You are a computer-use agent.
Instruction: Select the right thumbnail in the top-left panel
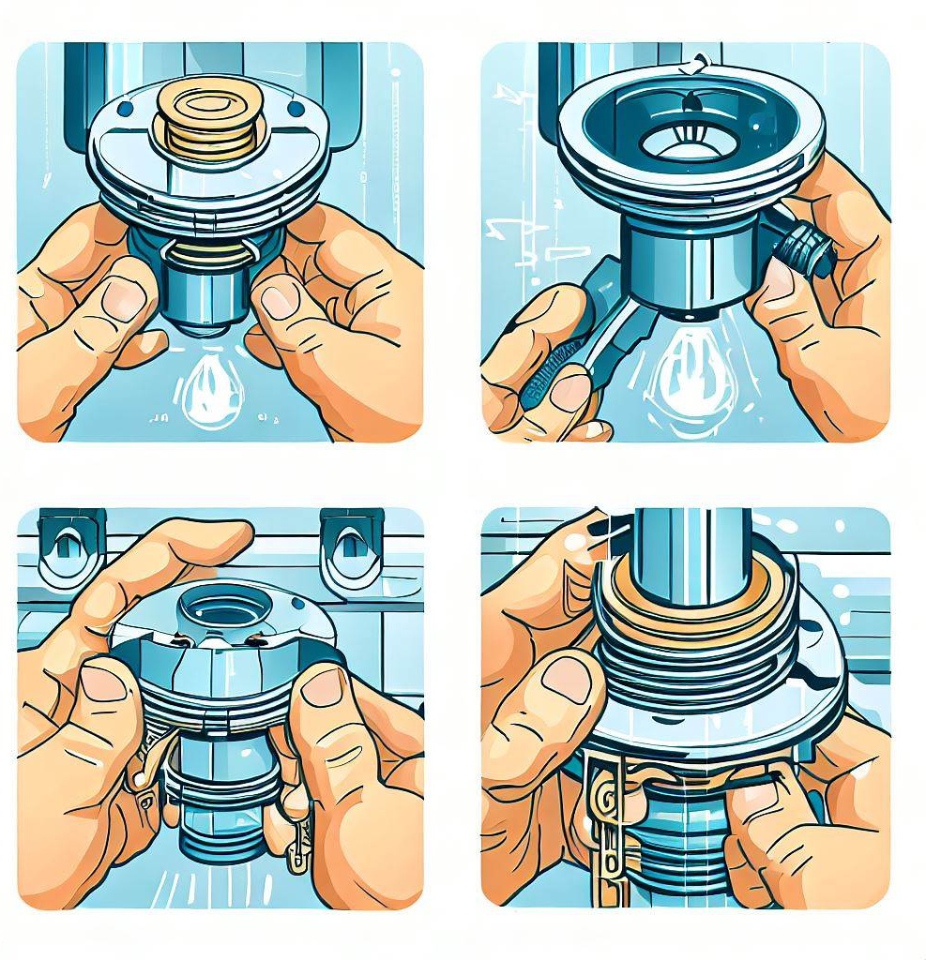click(280, 302)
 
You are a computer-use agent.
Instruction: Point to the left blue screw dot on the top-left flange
click(123, 109)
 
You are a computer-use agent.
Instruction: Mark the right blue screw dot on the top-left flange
click(297, 109)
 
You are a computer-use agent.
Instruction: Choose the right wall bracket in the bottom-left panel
click(351, 547)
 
